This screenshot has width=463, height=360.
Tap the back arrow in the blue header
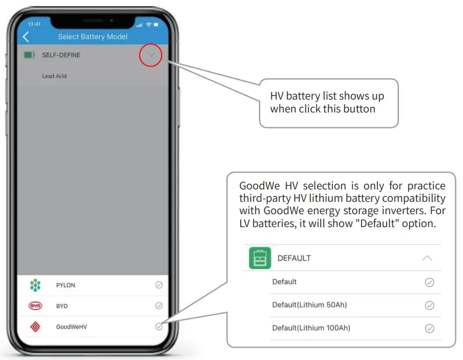point(26,37)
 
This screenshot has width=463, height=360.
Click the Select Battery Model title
point(93,37)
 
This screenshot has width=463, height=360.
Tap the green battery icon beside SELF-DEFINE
point(30,55)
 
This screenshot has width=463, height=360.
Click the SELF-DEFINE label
point(61,55)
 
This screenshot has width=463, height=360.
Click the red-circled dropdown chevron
point(151,55)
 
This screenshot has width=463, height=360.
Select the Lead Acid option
point(54,76)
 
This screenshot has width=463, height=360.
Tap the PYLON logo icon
point(35,285)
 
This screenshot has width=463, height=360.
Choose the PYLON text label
point(66,285)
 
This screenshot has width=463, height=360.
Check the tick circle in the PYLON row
point(159,285)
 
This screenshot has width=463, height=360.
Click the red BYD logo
point(35,306)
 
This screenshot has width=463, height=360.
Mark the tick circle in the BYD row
point(159,306)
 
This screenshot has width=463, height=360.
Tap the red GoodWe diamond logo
point(35,326)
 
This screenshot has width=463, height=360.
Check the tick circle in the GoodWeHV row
point(159,326)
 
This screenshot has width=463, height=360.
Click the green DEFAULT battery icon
point(260,258)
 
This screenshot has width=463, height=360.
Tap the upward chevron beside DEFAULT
point(427,258)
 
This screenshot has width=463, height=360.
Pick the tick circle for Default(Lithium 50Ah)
point(429,305)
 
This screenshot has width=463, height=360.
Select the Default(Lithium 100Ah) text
point(311,328)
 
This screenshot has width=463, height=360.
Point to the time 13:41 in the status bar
point(34,24)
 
